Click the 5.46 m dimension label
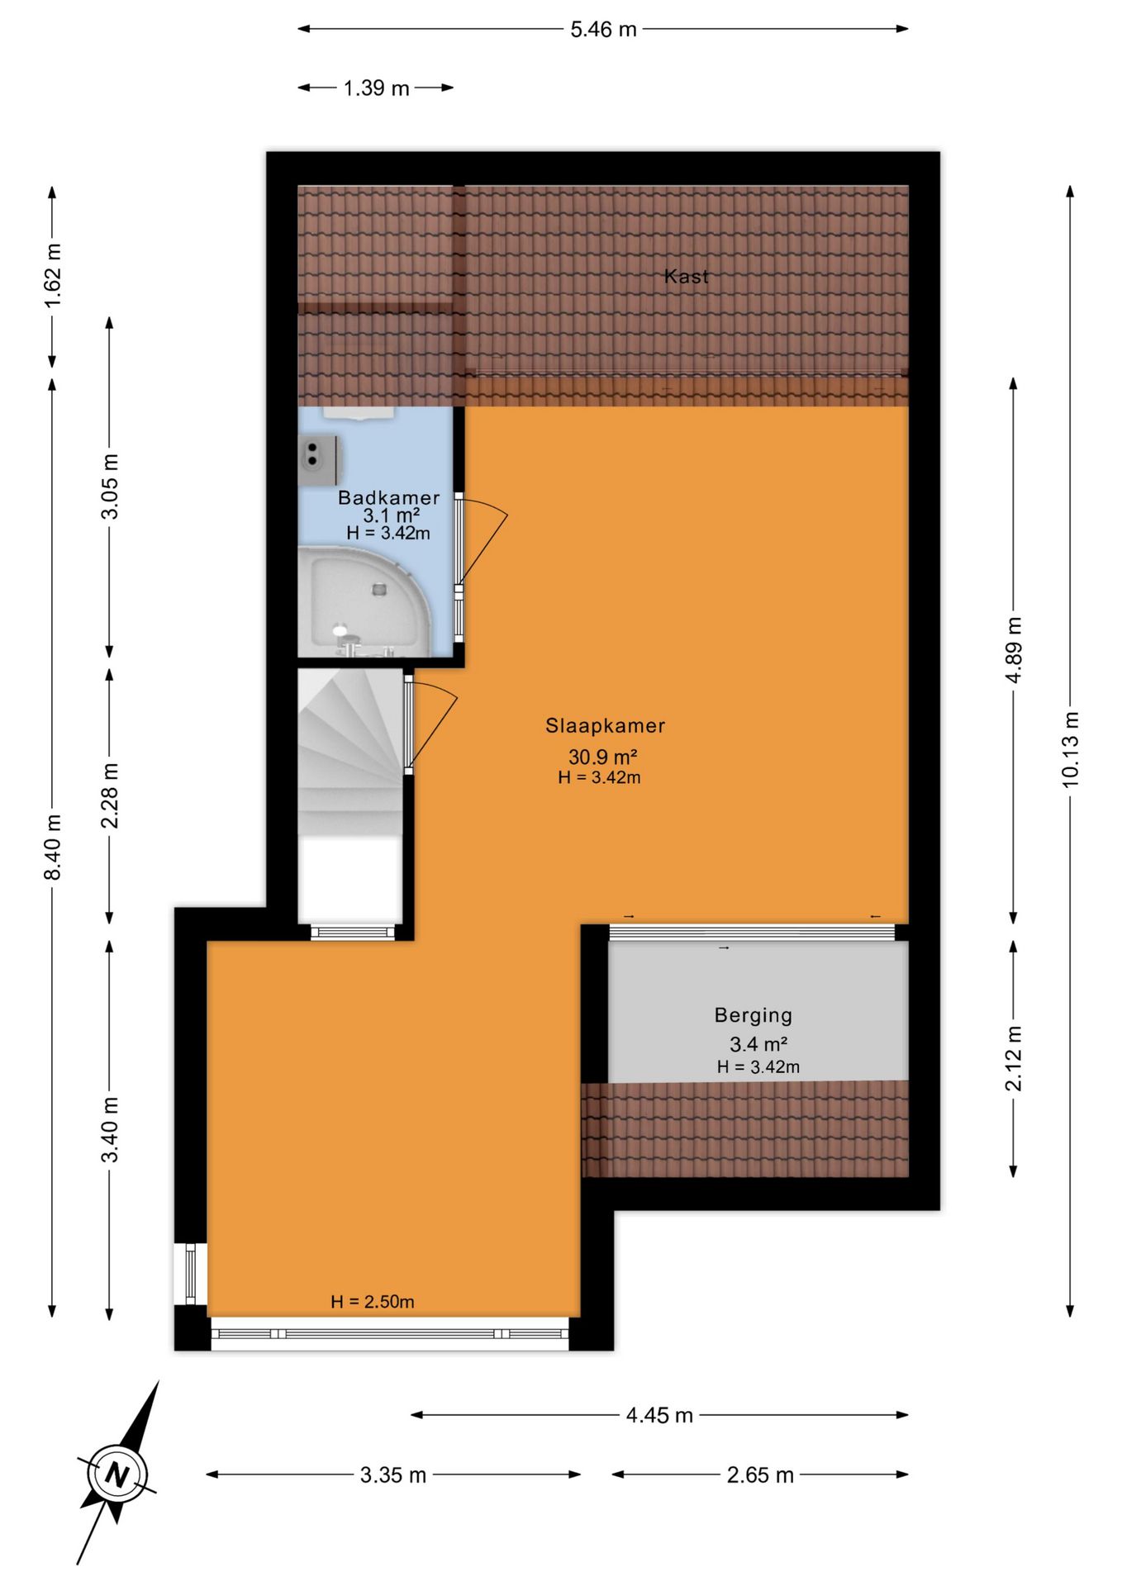click(603, 30)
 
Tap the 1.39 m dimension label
click(376, 88)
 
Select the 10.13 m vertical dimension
click(1071, 749)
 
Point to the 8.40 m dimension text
click(53, 847)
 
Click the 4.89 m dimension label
click(1014, 649)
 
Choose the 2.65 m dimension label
click(760, 1475)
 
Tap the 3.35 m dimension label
click(393, 1475)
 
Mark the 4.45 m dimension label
click(659, 1416)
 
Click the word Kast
click(687, 277)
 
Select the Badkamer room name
click(388, 497)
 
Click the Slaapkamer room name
click(605, 726)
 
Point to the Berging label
click(754, 1016)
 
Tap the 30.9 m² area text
click(602, 757)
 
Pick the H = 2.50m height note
click(373, 1302)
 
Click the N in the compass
click(118, 1474)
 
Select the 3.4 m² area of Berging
click(758, 1044)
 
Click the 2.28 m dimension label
click(110, 795)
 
